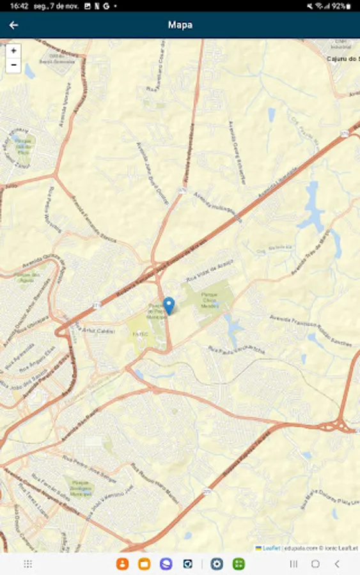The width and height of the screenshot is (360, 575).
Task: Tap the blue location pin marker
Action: click(x=169, y=305)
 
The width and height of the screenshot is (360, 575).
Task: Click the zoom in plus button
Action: click(x=13, y=50)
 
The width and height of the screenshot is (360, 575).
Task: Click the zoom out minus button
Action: click(x=13, y=65)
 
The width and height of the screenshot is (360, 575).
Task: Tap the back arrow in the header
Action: click(x=13, y=25)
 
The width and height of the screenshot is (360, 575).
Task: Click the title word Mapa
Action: click(x=180, y=25)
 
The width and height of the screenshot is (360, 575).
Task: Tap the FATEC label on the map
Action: click(x=140, y=333)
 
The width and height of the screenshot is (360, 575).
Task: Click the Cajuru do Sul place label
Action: click(x=343, y=59)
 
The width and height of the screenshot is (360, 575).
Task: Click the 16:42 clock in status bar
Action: click(x=19, y=6)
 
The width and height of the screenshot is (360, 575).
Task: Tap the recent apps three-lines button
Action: click(x=293, y=564)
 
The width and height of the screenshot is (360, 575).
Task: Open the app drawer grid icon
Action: click(x=28, y=564)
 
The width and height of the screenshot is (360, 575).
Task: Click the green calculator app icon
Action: click(x=239, y=564)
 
